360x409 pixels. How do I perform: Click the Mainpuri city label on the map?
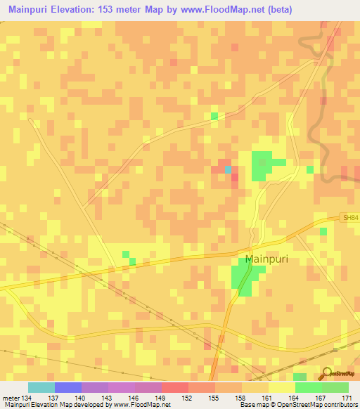(x=266, y=258)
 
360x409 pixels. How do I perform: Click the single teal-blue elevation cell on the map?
(x=227, y=169)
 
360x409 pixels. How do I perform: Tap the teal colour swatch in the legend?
(x=41, y=387)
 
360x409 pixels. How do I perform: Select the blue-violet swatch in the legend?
(x=68, y=387)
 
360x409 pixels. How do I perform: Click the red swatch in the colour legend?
(x=175, y=387)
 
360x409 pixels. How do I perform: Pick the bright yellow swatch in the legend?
(x=282, y=387)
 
